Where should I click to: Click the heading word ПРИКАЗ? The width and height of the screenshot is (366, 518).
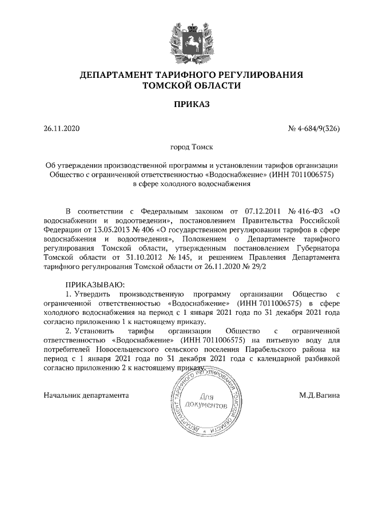click(x=192, y=105)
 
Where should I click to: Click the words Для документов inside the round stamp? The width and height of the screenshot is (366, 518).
click(x=208, y=401)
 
